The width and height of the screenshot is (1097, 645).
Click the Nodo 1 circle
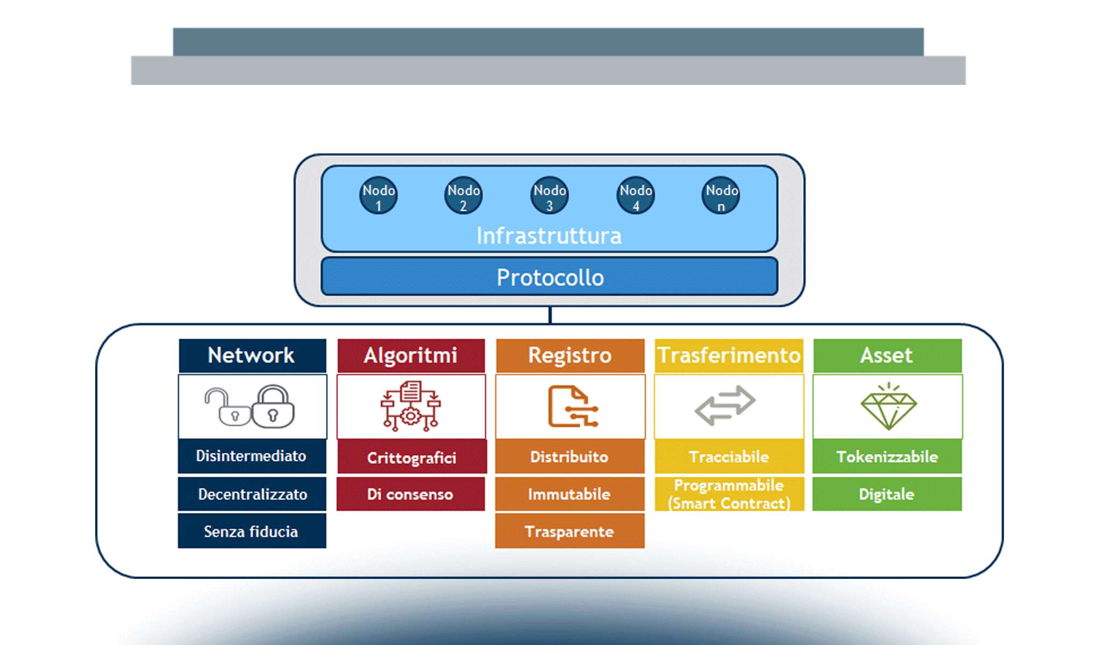point(379,196)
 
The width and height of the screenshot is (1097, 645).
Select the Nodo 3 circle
point(550,196)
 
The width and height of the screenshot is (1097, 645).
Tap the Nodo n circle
point(721,196)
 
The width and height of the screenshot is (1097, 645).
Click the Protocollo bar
point(550,277)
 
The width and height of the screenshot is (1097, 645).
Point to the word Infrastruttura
point(549,236)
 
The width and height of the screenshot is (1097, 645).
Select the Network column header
point(252,355)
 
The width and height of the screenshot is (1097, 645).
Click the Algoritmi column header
point(411,355)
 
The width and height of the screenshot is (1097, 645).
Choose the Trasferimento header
point(729,355)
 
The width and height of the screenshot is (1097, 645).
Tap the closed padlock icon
point(273,407)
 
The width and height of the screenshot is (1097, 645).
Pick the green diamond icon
point(888,407)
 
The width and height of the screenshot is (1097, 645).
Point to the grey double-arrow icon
point(725,405)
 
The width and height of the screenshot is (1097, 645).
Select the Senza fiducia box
point(252,531)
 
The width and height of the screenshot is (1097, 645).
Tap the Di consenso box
point(410,494)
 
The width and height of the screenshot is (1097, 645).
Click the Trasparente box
point(569,531)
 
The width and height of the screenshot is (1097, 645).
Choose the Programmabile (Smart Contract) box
point(729,494)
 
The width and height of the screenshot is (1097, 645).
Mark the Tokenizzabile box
point(887,456)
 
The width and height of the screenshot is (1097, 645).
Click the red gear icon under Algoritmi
point(411,416)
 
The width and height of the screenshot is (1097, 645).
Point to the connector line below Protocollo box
point(550,315)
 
